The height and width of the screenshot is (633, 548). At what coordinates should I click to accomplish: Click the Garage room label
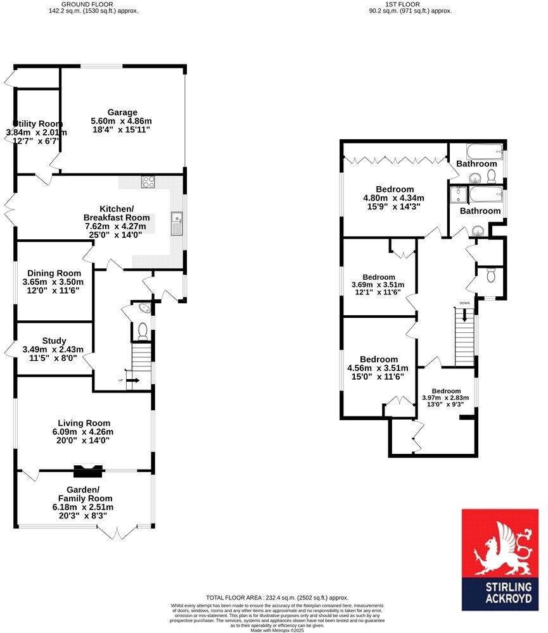pos(122,113)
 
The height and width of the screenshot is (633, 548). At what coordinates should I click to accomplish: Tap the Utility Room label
pos(36,123)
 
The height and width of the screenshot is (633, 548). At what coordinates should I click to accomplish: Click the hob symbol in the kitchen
pos(150,182)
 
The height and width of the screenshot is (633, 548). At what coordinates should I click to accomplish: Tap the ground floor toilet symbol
pos(143,330)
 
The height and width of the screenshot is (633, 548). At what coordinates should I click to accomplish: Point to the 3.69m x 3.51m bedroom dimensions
pos(379,284)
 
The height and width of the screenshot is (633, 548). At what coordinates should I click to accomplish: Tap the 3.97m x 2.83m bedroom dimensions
pos(446,398)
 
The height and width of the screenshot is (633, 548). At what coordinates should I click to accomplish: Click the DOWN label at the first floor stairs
pos(465,303)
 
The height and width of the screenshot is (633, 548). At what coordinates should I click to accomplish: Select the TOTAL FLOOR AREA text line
pos(277,598)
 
